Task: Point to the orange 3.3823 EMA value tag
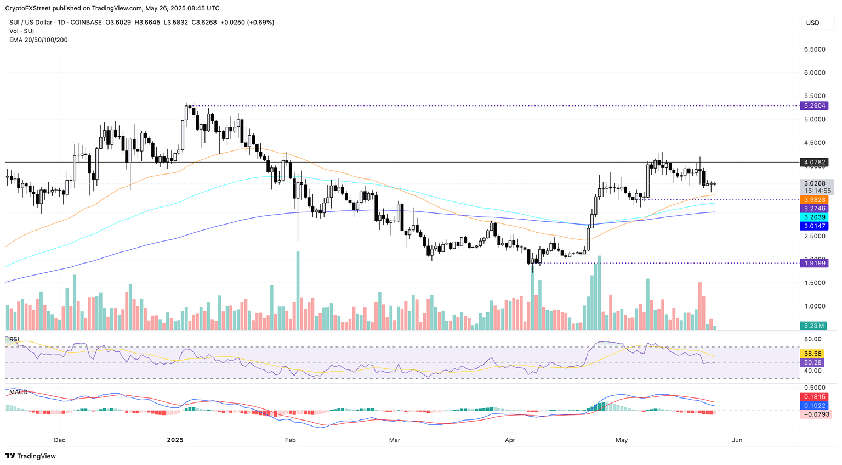tap(815, 200)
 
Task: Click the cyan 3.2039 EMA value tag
tap(815, 217)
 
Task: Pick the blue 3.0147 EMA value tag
tap(815, 226)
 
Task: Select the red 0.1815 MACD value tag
tap(815, 397)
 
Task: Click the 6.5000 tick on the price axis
tap(815, 49)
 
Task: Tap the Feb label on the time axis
tap(290, 440)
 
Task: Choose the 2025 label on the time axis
tap(175, 440)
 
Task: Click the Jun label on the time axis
tap(737, 440)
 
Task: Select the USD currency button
tap(812, 23)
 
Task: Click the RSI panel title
tap(14, 339)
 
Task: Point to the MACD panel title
tap(18, 392)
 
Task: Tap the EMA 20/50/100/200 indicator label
tap(38, 40)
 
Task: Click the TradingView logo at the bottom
tap(31, 456)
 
